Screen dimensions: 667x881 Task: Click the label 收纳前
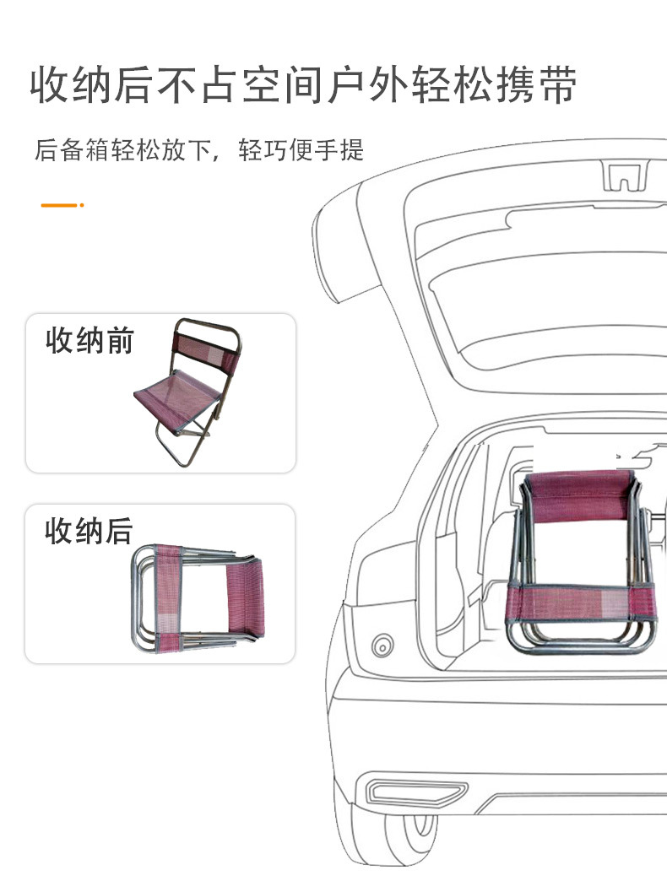pos(89,342)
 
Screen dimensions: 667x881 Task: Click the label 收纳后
pos(89,532)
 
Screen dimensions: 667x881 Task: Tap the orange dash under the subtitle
pos(57,204)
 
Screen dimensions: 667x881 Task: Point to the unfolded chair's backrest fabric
pos(205,343)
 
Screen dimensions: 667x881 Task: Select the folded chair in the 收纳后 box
pos(199,598)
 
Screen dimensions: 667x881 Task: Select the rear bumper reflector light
pos(417,792)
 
